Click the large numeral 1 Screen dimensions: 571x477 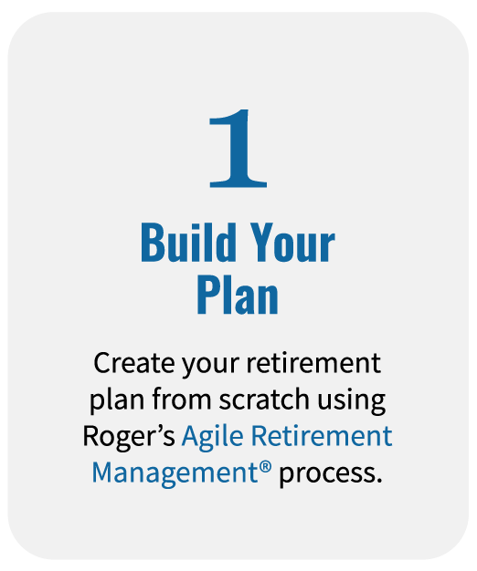point(238,149)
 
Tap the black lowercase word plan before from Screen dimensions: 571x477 point(115,401)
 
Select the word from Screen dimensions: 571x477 point(178,400)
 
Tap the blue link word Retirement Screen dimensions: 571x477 point(321,437)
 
